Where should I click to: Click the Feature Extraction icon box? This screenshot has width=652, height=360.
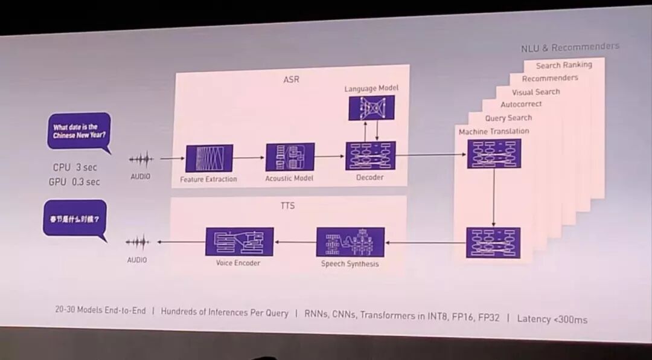[x=209, y=158]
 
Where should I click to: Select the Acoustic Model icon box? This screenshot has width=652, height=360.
[x=290, y=157]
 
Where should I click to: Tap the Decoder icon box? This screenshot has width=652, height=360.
[x=370, y=155]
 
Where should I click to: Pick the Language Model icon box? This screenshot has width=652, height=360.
[x=371, y=108]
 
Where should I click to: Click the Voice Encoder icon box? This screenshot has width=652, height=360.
[x=239, y=242]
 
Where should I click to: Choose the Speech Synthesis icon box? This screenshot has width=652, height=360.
[x=350, y=242]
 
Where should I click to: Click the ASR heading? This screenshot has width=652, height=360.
[x=291, y=79]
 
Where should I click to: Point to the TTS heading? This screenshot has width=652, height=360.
[x=287, y=206]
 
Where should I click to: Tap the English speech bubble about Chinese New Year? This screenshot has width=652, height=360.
[x=79, y=131]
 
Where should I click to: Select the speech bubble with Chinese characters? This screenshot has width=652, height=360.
[x=75, y=219]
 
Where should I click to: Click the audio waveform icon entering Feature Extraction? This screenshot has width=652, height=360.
[x=141, y=159]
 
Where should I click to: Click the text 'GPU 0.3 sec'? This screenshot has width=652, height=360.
[x=74, y=182]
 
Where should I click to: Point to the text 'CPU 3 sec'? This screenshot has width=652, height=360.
[x=75, y=167]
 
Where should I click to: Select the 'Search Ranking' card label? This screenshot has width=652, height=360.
[x=564, y=65]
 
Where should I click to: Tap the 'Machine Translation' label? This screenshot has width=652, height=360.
[x=494, y=131]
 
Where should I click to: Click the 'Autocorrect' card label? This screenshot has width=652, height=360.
[x=521, y=104]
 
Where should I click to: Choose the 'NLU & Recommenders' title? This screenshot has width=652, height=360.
[x=570, y=47]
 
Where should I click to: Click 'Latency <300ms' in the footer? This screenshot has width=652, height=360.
[x=552, y=319]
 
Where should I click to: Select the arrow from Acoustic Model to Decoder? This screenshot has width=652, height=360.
[x=329, y=156]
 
